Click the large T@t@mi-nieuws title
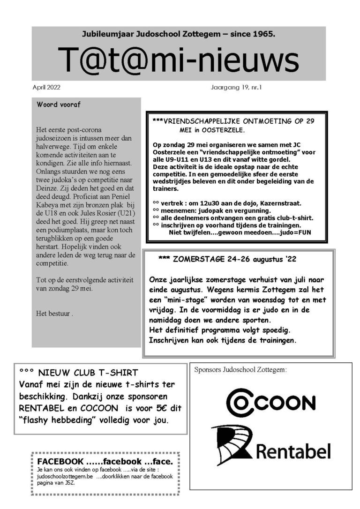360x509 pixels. click(x=179, y=60)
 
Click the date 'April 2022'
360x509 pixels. click(x=46, y=87)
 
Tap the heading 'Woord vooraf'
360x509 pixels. click(x=59, y=105)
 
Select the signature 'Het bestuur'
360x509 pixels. click(x=53, y=314)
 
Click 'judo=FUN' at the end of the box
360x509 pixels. click(x=296, y=232)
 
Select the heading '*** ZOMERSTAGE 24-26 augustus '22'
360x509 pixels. click(x=227, y=259)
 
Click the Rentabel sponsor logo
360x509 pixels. click(x=270, y=445)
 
